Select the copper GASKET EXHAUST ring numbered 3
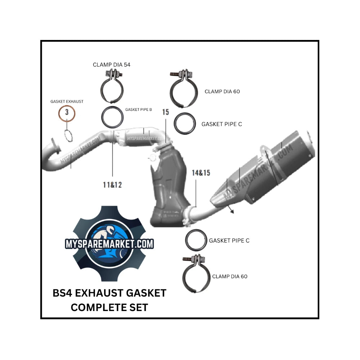pyautogui.click(x=67, y=115)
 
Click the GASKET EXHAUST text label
pyautogui.click(x=67, y=102)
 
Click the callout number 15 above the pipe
pyautogui.click(x=165, y=112)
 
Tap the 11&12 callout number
pyautogui.click(x=112, y=185)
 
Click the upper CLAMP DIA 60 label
pyautogui.click(x=222, y=91)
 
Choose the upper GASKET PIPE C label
pyautogui.click(x=222, y=124)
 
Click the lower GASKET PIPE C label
pyautogui.click(x=229, y=240)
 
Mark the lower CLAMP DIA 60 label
pyautogui.click(x=230, y=276)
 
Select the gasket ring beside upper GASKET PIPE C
pyautogui.click(x=185, y=123)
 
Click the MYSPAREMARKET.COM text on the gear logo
pyautogui.click(x=109, y=244)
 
